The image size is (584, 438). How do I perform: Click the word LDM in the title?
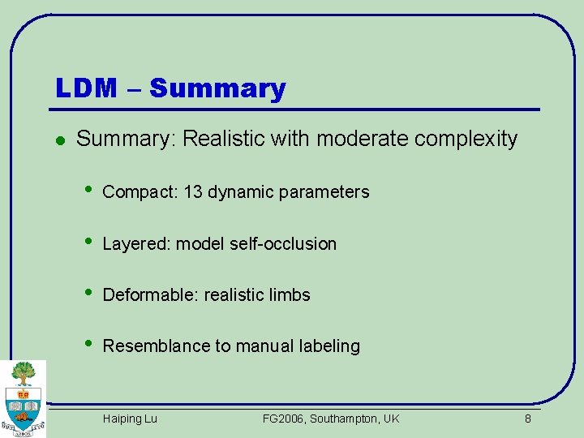pos(86,88)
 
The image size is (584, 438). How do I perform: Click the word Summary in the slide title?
pos(217,88)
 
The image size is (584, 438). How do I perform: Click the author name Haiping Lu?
pos(130,419)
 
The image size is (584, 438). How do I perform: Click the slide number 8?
pos(527,419)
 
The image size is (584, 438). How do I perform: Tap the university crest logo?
pos(23,397)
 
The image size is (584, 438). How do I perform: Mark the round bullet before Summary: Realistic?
pos(59,140)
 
